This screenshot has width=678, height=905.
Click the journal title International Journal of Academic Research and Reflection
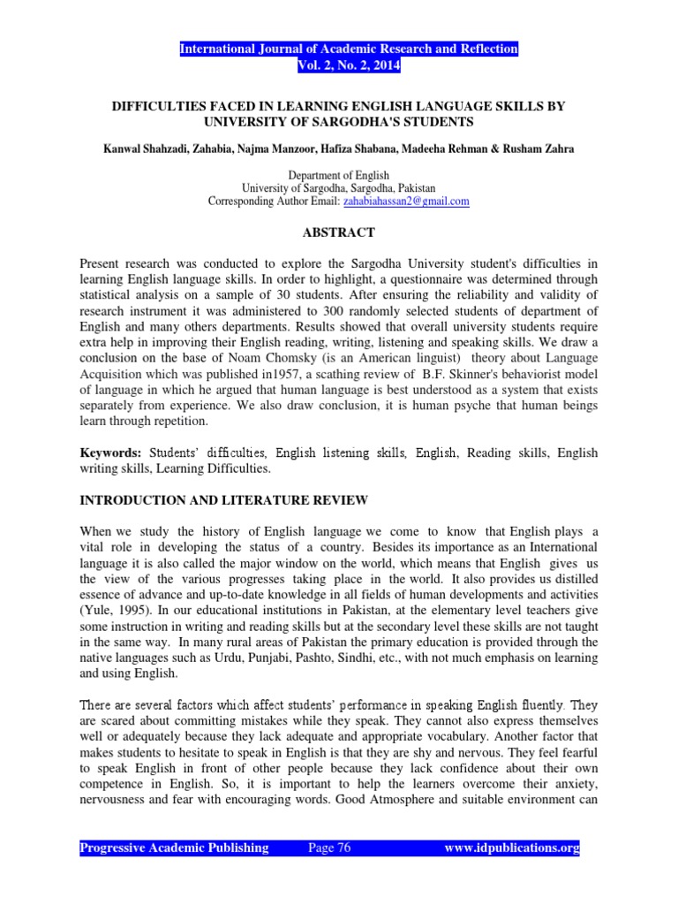pos(349,49)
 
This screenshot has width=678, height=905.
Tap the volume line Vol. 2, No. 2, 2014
pos(349,65)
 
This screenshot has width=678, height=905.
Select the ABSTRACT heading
pos(339,232)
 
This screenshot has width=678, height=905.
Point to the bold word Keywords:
pos(111,452)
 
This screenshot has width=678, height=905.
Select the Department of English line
pos(339,176)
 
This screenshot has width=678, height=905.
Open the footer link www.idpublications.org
pos(511,848)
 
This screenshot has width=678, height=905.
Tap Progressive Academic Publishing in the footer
pos(175,848)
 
